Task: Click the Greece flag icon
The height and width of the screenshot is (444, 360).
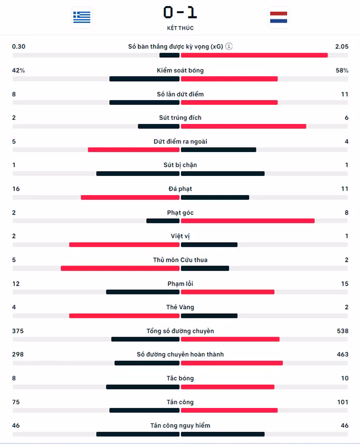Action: (x=82, y=17)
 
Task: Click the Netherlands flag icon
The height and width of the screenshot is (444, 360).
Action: (x=278, y=17)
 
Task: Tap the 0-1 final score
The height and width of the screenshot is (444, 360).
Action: (x=180, y=13)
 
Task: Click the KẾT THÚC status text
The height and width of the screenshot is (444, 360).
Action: (x=181, y=28)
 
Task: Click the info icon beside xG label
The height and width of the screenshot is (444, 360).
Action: (x=229, y=46)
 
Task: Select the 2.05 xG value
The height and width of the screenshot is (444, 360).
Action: (x=341, y=47)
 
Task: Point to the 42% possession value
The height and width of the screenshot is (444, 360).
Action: (x=19, y=70)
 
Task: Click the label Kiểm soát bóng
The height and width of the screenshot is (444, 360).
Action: (x=181, y=70)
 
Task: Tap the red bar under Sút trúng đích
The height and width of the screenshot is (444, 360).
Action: (x=244, y=126)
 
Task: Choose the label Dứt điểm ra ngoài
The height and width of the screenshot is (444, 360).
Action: (x=181, y=141)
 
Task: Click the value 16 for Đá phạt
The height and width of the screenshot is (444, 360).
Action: (x=16, y=189)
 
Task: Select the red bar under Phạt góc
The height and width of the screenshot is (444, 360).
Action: (x=248, y=221)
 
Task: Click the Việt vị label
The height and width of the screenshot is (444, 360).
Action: (x=181, y=236)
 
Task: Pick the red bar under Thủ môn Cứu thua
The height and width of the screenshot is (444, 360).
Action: (x=120, y=268)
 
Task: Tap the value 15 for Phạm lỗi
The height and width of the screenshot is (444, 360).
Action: (x=345, y=283)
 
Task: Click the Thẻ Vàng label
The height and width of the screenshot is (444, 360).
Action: (x=181, y=307)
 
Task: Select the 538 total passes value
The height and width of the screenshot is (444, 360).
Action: (x=343, y=331)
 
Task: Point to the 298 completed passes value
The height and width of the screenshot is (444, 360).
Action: (x=18, y=354)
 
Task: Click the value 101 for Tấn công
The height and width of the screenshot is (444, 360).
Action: (x=343, y=402)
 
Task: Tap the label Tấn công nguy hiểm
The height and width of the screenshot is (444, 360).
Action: (x=181, y=425)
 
